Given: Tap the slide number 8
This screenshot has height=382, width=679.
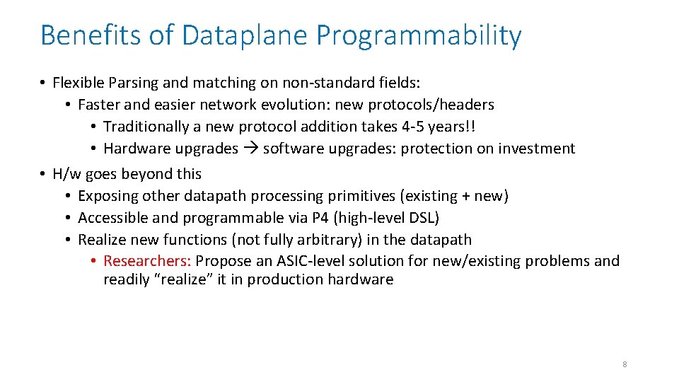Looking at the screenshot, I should [x=625, y=364].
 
